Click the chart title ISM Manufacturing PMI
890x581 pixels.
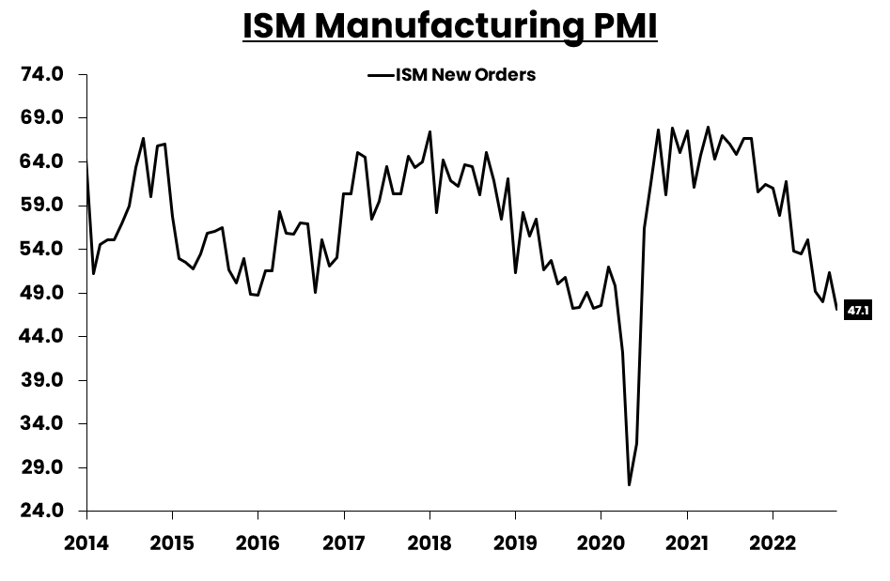tap(449, 26)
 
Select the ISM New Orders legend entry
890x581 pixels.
tap(452, 75)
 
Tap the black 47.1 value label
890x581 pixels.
tap(857, 310)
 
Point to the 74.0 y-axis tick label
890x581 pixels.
tap(43, 74)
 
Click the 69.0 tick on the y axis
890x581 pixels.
tap(43, 118)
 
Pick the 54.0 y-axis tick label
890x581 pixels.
tap(43, 249)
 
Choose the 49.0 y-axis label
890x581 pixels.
tap(43, 293)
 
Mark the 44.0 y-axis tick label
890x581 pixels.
tap(43, 336)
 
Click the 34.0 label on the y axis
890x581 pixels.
tap(43, 423)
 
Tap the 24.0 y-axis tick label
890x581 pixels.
tap(43, 512)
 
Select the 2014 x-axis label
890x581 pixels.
tap(86, 543)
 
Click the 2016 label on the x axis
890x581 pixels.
tap(258, 543)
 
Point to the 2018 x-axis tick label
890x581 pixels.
tap(429, 543)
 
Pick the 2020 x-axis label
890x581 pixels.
tap(601, 543)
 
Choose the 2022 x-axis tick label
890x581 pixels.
tap(773, 543)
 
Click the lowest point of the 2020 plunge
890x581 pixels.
tap(629, 484)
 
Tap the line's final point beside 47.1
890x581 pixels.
tap(836, 309)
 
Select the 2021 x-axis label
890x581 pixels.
tap(687, 543)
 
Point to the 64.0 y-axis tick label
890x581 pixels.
tap(43, 161)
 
